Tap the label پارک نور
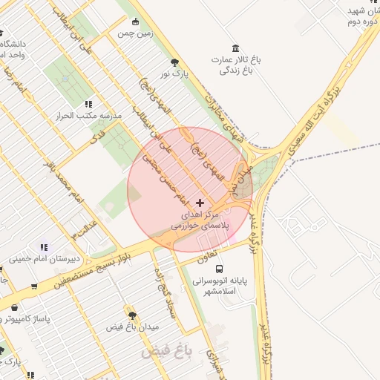click(x=176, y=73)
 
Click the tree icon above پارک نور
click(x=174, y=62)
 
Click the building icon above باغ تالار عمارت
click(x=236, y=47)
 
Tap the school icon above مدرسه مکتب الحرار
click(x=88, y=105)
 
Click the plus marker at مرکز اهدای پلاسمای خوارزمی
click(x=200, y=203)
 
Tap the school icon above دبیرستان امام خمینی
click(x=44, y=247)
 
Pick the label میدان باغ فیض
click(x=133, y=327)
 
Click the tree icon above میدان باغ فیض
click(x=132, y=315)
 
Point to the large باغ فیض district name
click(x=168, y=349)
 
